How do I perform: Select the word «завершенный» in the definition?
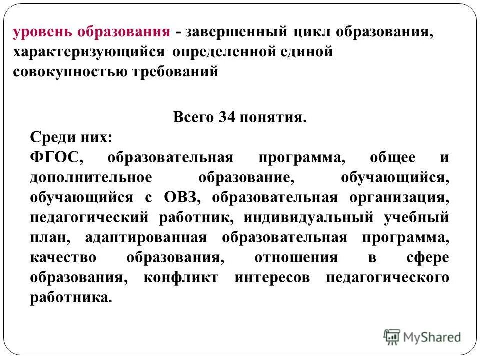pos(234,33)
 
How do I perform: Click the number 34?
pos(225,118)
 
